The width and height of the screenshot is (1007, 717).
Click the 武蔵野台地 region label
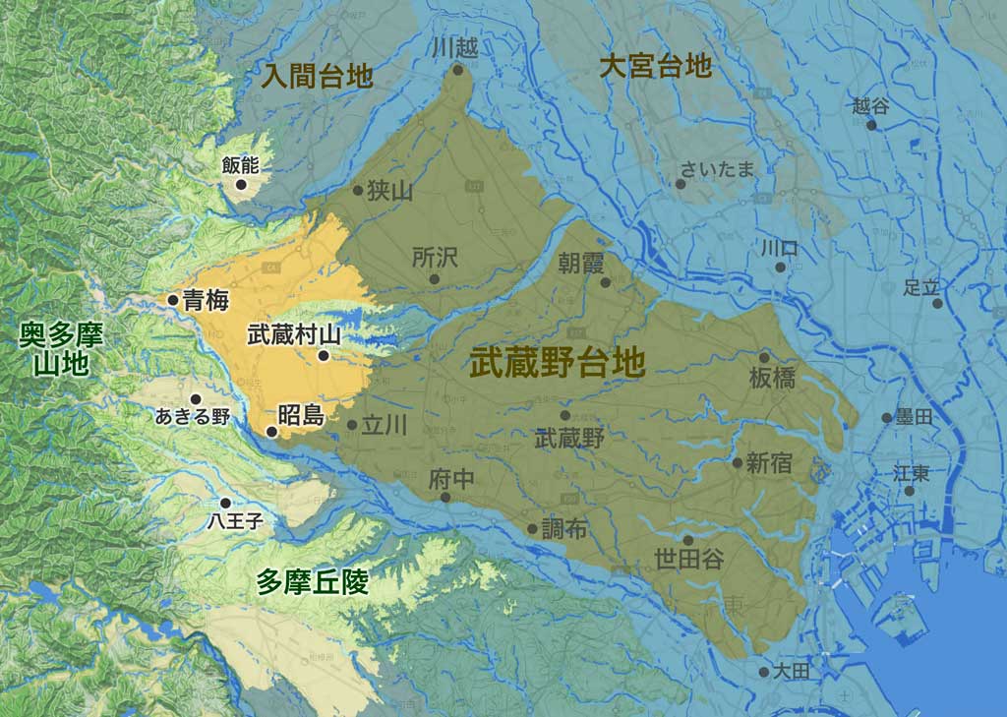click(557, 363)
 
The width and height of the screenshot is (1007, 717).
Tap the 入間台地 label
click(317, 76)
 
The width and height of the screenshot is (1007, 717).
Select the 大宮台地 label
click(655, 66)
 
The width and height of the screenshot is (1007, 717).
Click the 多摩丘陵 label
click(313, 582)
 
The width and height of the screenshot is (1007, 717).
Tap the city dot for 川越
click(457, 69)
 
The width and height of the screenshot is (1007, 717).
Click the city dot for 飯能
click(241, 184)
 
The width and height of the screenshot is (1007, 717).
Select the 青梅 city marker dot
click(173, 300)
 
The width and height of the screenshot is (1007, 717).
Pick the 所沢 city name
click(435, 258)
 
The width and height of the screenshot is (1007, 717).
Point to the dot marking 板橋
click(764, 357)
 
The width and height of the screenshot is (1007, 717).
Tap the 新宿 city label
click(769, 463)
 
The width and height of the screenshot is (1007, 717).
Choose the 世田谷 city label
click(688, 560)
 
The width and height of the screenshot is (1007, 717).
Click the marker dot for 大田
click(764, 672)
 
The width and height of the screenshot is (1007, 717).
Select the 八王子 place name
click(235, 522)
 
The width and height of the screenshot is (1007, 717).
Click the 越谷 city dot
click(870, 125)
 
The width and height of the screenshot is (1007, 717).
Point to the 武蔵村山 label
click(294, 334)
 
